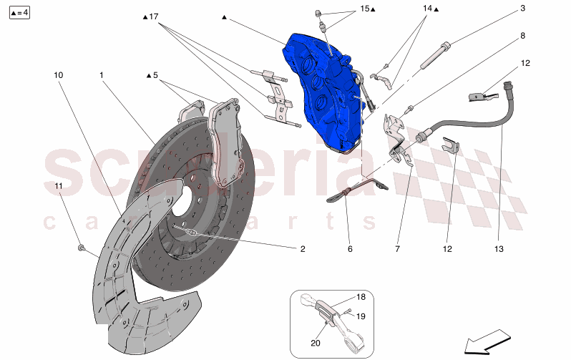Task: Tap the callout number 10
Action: tap(58, 75)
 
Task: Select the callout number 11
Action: tap(59, 186)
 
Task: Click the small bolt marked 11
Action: tap(81, 248)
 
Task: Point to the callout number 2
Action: tap(303, 249)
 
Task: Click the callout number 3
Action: tap(522, 8)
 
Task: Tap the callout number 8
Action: tap(522, 36)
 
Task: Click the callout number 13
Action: tap(499, 249)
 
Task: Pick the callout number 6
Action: tap(350, 249)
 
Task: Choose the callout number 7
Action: tap(397, 249)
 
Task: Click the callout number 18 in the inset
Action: tap(361, 297)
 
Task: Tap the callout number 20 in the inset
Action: tap(316, 343)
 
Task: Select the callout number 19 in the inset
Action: tap(361, 316)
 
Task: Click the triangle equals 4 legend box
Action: tap(19, 13)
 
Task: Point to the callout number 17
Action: tap(154, 16)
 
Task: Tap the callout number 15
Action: tap(364, 9)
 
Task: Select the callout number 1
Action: tap(101, 75)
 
